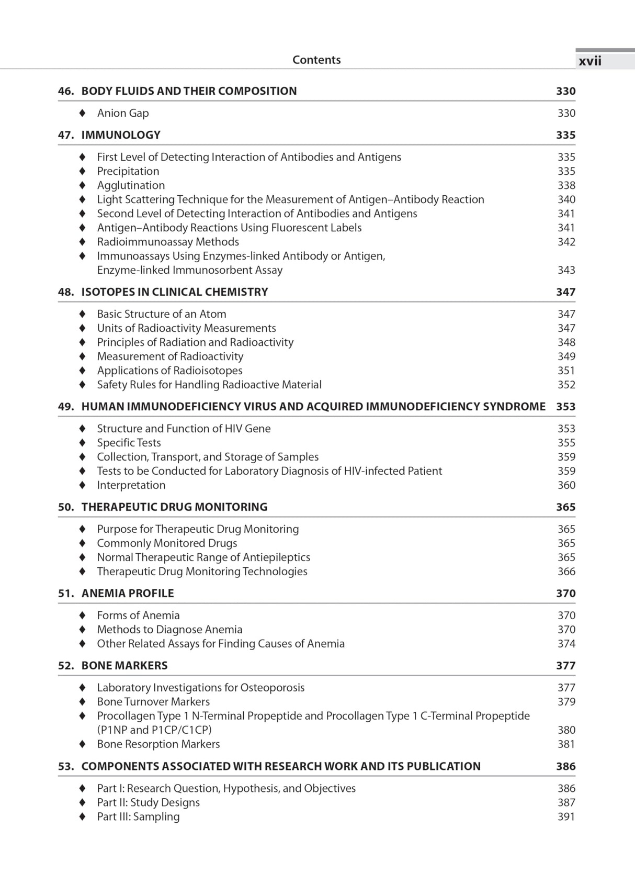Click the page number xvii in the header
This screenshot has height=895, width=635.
pyautogui.click(x=590, y=61)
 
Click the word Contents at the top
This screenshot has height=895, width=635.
pyautogui.click(x=316, y=60)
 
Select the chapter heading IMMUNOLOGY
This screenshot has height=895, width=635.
pyautogui.click(x=121, y=135)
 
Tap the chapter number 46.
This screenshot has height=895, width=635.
pyautogui.click(x=65, y=91)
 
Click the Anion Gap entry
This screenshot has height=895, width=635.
pyautogui.click(x=123, y=113)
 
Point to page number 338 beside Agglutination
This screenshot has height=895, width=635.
pyautogui.click(x=566, y=185)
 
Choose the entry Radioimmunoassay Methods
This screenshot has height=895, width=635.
pyautogui.click(x=168, y=242)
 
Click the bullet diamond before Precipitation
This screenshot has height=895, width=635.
pyautogui.click(x=82, y=171)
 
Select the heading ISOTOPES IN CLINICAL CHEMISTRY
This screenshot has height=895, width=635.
pyautogui.click(x=174, y=292)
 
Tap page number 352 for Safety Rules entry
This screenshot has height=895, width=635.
pyautogui.click(x=566, y=385)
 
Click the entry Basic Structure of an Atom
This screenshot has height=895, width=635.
pyautogui.click(x=162, y=314)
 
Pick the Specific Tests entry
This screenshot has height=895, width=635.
pyautogui.click(x=129, y=443)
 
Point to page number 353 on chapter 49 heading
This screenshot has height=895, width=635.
pyautogui.click(x=565, y=407)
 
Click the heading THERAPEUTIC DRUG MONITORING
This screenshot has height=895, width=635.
pyautogui.click(x=174, y=507)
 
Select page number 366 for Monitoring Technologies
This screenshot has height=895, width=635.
pyautogui.click(x=566, y=572)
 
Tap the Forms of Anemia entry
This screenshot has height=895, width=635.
pyautogui.click(x=138, y=616)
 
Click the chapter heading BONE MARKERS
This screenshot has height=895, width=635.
pyautogui.click(x=124, y=666)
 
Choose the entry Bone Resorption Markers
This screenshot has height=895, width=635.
pyautogui.click(x=158, y=744)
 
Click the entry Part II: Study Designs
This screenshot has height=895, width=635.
pyautogui.click(x=148, y=802)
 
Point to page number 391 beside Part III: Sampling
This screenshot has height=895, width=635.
pyautogui.click(x=566, y=816)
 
